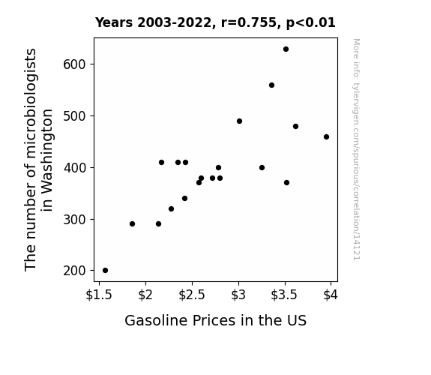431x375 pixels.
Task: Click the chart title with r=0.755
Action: point(215,22)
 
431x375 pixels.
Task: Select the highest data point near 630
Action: point(286,49)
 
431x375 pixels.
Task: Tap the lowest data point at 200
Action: point(105,271)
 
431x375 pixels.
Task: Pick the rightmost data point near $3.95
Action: point(326,136)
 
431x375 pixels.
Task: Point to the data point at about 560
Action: point(271,85)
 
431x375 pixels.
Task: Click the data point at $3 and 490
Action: point(239,121)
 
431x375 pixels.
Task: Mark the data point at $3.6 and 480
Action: point(295,126)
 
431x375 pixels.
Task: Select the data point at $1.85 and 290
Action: point(132,224)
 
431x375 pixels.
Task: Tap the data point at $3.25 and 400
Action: point(262,167)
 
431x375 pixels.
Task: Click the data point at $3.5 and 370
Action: point(286,183)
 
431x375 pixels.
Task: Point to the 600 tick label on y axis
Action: point(75,64)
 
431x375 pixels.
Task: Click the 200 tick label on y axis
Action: point(75,271)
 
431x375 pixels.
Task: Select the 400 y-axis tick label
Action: point(75,168)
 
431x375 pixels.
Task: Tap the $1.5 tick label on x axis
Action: point(99,295)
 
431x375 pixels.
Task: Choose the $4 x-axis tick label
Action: point(331,295)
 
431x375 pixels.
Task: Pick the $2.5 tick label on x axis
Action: point(192,295)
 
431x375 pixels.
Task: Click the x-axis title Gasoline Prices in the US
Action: point(216,320)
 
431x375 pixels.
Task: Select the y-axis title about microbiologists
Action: point(38,160)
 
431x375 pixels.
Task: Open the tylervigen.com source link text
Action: point(356,149)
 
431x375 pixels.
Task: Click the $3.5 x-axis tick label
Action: point(284,295)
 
